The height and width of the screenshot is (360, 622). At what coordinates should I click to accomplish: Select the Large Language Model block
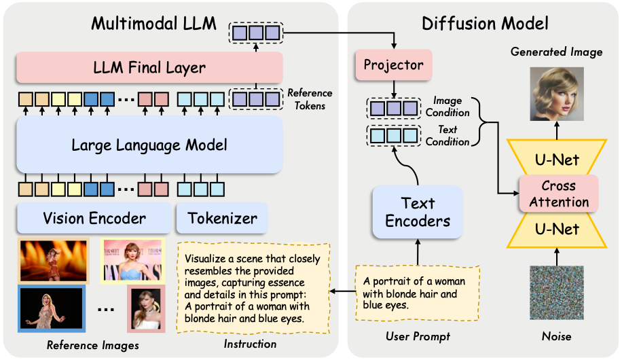pyautogui.click(x=149, y=145)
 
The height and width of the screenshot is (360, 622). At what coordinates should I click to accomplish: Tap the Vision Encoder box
pyautogui.click(x=94, y=218)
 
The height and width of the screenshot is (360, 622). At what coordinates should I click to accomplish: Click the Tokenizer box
pyautogui.click(x=221, y=218)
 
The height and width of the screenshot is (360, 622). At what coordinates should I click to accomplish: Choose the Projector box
pyautogui.click(x=393, y=65)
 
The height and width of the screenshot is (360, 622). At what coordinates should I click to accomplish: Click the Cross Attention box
pyautogui.click(x=558, y=193)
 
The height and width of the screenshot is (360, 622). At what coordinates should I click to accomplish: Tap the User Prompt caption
pyautogui.click(x=417, y=336)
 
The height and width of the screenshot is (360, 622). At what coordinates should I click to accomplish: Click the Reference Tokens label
pyautogui.click(x=310, y=99)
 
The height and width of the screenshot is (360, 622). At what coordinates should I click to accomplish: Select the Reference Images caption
pyautogui.click(x=92, y=346)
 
